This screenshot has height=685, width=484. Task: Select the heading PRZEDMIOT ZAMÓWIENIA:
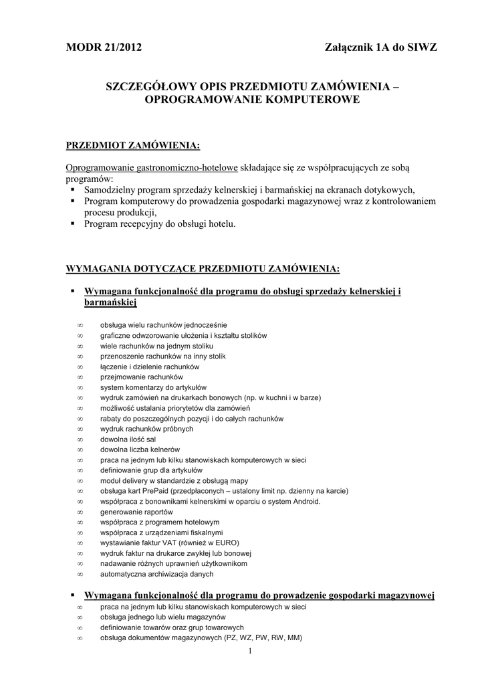[132, 145]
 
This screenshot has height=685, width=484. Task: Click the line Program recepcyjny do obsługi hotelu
[160, 224]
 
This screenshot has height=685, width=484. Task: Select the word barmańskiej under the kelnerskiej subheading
[110, 303]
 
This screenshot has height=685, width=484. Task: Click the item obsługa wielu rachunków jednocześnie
[164, 324]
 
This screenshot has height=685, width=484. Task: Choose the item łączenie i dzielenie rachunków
[150, 367]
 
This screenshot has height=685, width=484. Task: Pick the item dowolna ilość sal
[128, 439]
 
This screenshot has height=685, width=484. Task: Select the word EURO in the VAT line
[227, 543]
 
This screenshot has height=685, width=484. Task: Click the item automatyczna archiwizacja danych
[157, 574]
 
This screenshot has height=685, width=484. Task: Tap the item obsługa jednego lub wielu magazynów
[163, 617]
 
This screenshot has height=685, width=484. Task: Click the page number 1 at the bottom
[249, 651]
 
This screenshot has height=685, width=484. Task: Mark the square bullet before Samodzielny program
[73, 189]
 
